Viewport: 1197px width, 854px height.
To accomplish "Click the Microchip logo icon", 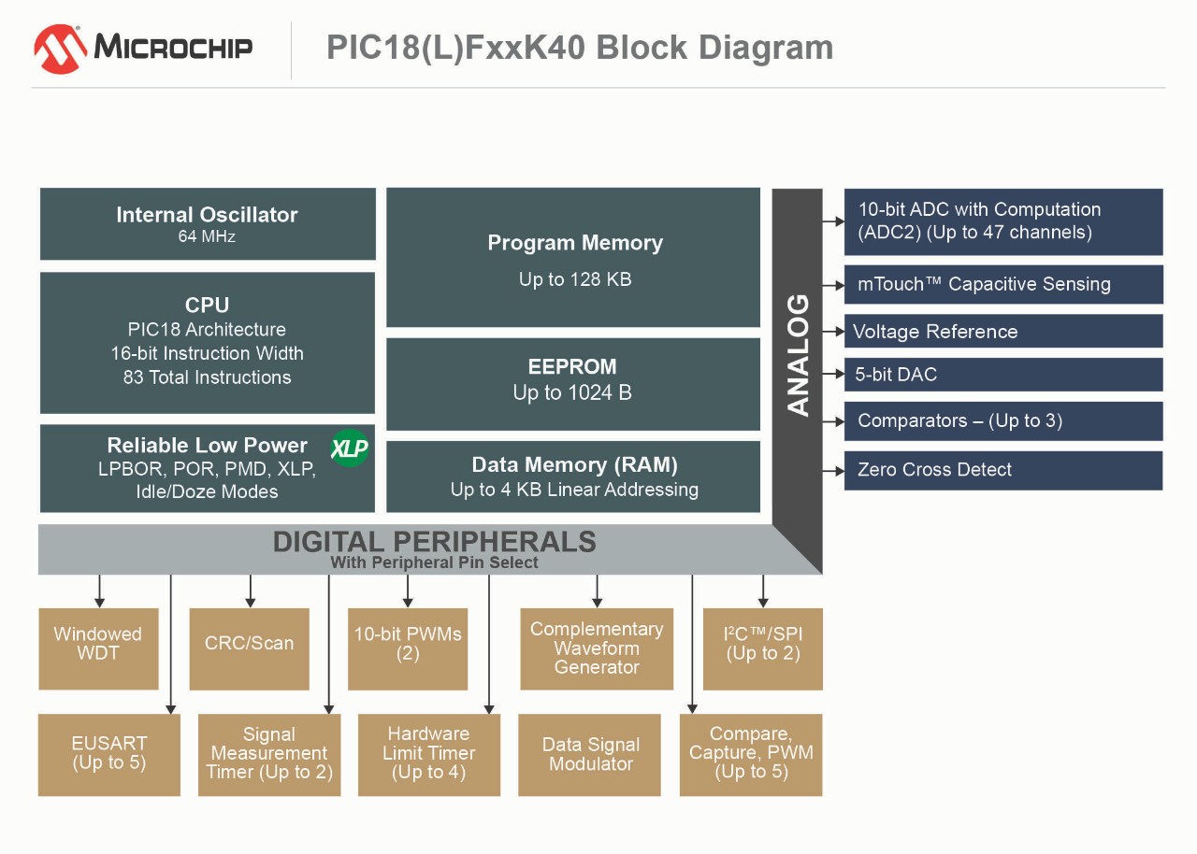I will pos(61,49).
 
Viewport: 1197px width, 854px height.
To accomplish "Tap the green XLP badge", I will pos(350,449).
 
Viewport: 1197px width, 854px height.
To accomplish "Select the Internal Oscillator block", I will pos(208,224).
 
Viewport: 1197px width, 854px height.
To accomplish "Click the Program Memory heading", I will pos(574,243).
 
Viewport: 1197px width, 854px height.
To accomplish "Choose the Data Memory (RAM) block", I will pos(572,477).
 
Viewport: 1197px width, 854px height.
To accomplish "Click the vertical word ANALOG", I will pos(798,355).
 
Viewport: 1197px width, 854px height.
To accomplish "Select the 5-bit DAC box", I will pos(1002,375).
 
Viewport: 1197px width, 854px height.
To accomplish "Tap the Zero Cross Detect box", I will pos(1002,470).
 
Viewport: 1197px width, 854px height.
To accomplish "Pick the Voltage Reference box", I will pos(1002,332).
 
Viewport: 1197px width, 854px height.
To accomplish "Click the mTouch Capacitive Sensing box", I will pos(1002,284).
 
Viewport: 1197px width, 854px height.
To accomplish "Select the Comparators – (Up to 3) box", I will pos(1002,420).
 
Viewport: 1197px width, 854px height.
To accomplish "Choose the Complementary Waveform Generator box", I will pos(597,648).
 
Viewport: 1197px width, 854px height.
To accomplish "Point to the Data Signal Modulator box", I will pos(590,755).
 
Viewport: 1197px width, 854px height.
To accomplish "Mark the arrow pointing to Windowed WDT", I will pos(99,592).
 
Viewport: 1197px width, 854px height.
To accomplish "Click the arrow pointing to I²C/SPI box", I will pos(763,592).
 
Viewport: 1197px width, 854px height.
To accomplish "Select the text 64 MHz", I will pos(207,237).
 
